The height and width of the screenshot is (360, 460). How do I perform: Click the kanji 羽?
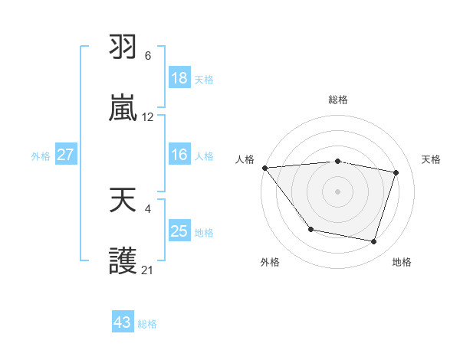(123, 48)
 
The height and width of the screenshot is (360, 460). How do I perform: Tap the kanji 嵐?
(123, 109)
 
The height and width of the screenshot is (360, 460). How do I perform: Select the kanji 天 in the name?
(123, 201)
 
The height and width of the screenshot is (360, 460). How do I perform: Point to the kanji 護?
(123, 261)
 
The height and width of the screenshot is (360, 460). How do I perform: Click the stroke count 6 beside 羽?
(148, 56)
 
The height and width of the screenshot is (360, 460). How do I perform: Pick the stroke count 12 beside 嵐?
(148, 117)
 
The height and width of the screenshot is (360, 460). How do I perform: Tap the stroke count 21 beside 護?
(148, 270)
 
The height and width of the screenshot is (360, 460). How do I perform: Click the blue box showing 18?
(179, 78)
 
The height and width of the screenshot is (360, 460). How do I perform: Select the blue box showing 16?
(179, 155)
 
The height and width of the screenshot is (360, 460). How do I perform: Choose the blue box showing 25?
(179, 231)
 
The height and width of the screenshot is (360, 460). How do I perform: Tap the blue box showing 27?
(65, 155)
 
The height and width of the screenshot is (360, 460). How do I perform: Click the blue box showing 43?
(122, 322)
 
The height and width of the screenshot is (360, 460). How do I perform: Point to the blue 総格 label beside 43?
(147, 324)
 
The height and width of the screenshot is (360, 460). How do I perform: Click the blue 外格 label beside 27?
(41, 156)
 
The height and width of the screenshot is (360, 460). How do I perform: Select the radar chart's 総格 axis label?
(337, 100)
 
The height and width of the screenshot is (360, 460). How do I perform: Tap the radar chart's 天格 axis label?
(432, 159)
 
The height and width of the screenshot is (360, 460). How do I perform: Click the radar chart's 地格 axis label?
(402, 262)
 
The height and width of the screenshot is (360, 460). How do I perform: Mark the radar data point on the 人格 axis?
(264, 168)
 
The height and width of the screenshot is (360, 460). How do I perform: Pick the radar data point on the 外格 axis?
(310, 229)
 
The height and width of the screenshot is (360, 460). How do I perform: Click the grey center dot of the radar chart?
(337, 191)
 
